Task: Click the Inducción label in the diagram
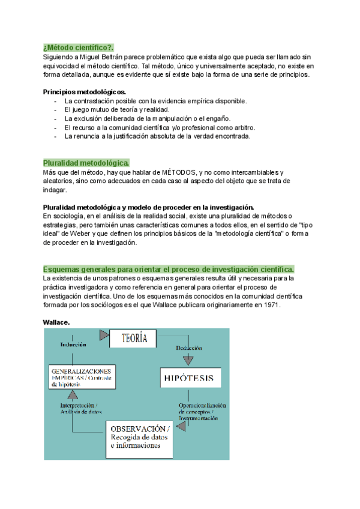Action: (x=73, y=345)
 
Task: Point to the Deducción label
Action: (x=188, y=348)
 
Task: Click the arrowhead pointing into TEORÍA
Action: (x=105, y=334)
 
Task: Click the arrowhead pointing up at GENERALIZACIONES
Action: (x=73, y=394)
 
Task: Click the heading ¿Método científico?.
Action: (x=79, y=47)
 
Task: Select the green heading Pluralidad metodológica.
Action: (x=86, y=163)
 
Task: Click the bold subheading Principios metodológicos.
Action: (x=85, y=92)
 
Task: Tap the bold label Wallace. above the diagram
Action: (x=56, y=322)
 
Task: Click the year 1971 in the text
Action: (x=271, y=305)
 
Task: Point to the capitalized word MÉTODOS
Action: (x=174, y=173)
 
